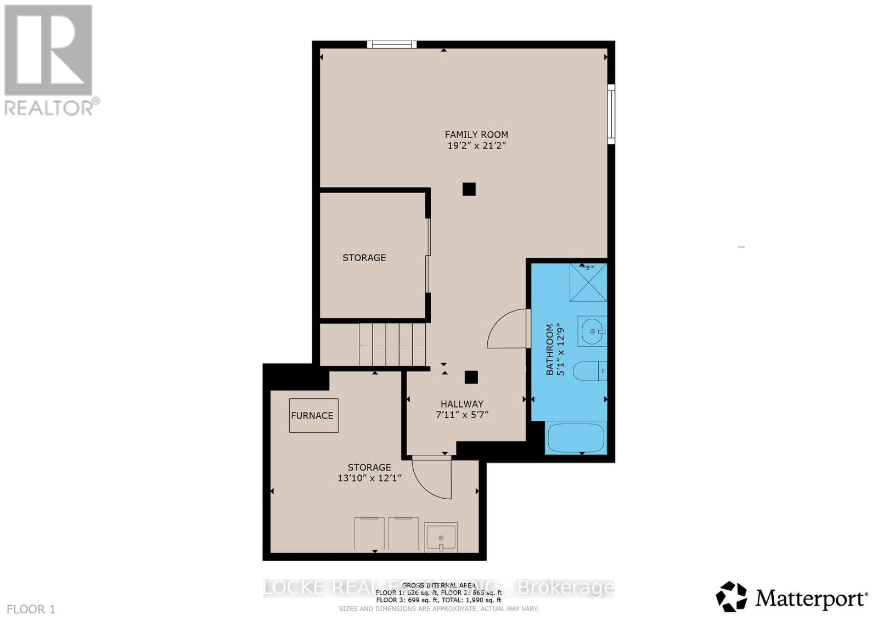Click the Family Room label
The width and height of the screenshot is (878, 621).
(x=476, y=134)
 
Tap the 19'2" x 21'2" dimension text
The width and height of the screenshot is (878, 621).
(x=476, y=146)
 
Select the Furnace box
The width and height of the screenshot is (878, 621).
(x=313, y=415)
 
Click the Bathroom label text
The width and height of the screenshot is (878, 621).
(x=550, y=350)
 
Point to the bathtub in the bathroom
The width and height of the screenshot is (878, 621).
(x=576, y=438)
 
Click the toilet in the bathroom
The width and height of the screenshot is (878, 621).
(x=588, y=371)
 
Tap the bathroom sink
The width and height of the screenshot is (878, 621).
(x=592, y=331)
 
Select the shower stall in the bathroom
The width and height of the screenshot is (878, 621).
(x=588, y=283)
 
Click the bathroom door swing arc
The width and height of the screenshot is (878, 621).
(x=506, y=329)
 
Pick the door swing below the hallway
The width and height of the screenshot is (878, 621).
(x=432, y=479)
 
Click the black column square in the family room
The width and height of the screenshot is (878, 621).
(x=469, y=189)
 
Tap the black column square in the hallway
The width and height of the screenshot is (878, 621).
(x=471, y=377)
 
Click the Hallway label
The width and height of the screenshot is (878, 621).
(x=461, y=404)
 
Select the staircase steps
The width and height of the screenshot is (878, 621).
(x=392, y=345)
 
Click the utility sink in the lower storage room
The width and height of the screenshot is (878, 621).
(x=441, y=537)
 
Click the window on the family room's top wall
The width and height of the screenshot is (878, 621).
(x=392, y=44)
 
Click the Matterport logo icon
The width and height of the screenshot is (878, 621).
(x=731, y=596)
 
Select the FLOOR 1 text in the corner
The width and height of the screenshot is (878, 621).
(x=31, y=609)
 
